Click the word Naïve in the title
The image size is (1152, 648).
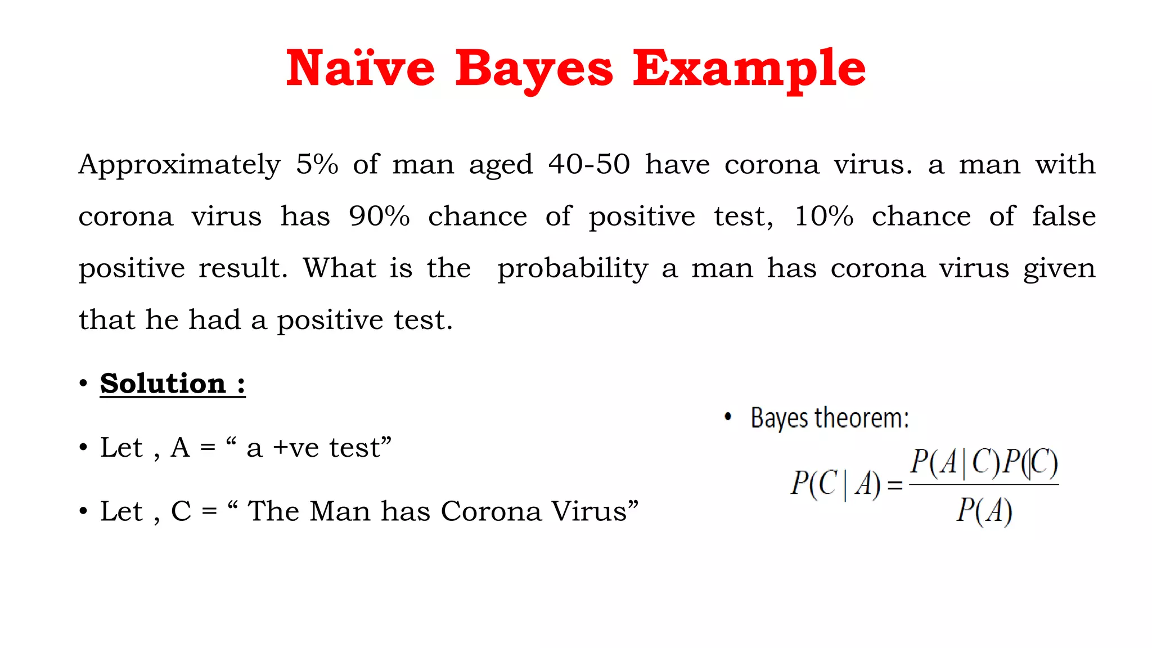coord(360,69)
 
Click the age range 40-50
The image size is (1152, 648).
coord(589,164)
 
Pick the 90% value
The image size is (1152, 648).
coord(379,216)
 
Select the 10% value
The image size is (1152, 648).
coord(823,216)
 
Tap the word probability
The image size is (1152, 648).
coord(573,269)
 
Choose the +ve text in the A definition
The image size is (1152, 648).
coord(296,448)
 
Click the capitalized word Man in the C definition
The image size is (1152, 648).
coord(339,511)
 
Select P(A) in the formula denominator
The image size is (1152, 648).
coord(984,511)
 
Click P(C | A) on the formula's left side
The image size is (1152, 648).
coord(835,484)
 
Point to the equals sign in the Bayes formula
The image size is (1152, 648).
coord(894,485)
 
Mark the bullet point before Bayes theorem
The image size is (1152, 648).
coord(728,417)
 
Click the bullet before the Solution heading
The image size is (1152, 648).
coord(83,384)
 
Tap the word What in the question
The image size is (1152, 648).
coord(340,268)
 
